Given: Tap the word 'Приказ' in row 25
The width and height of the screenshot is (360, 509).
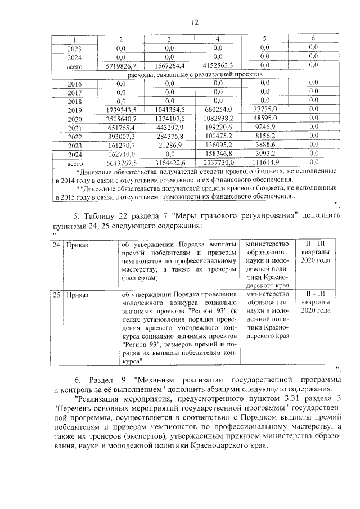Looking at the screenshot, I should pos(78,295).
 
